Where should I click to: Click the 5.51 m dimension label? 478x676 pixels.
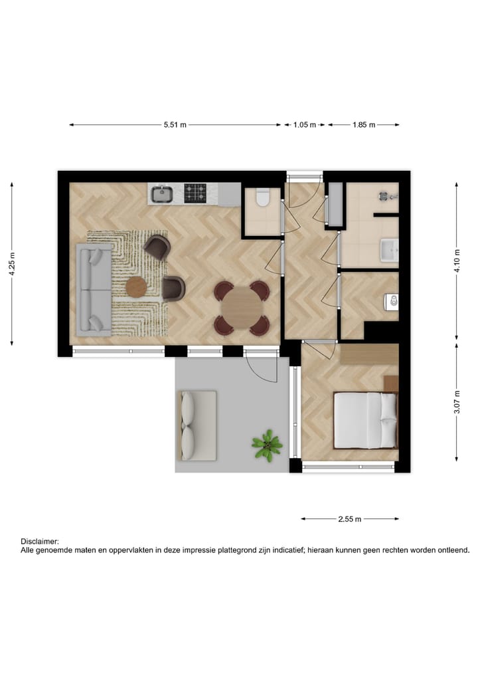(x=175, y=125)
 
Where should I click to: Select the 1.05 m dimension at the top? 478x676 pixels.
(x=305, y=125)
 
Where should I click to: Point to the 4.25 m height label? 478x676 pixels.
(x=12, y=265)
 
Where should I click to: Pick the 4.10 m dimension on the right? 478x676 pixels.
(x=457, y=261)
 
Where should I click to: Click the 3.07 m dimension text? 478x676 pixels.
(x=457, y=402)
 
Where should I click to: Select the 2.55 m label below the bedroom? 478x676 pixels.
(x=349, y=519)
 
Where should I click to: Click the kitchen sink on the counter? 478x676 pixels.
(x=162, y=194)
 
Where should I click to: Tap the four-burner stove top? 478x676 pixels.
(x=195, y=193)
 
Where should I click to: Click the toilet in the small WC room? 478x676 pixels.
(x=262, y=198)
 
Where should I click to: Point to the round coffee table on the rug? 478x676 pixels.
(x=137, y=287)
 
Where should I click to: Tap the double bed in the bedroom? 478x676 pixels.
(x=365, y=419)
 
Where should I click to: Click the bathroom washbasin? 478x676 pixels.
(x=388, y=251)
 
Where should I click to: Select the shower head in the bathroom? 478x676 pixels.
(x=385, y=195)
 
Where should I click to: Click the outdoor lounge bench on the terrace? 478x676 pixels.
(x=197, y=425)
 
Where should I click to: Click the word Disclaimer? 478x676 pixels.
(x=40, y=542)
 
